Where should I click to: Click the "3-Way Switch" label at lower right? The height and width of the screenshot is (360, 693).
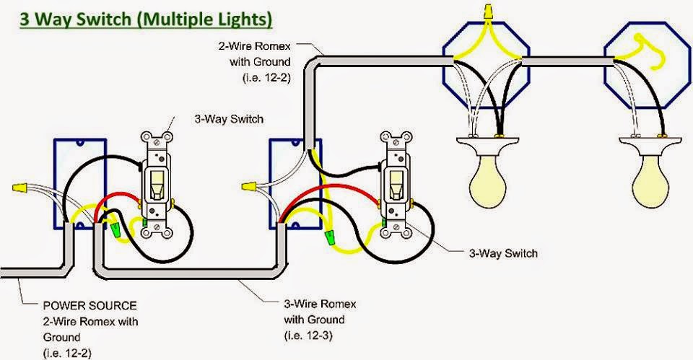click(503, 253)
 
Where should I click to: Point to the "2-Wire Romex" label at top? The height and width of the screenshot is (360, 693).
click(254, 45)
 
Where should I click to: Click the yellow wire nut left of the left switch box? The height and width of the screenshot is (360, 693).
click(19, 189)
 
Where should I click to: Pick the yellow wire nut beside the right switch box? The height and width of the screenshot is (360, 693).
click(253, 187)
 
